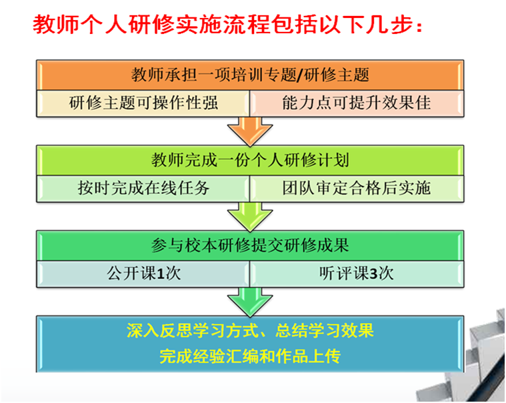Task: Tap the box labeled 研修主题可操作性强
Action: [143, 103]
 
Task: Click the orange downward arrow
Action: [249, 131]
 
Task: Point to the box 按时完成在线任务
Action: [143, 188]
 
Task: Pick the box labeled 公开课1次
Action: [143, 273]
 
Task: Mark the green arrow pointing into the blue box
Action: [249, 301]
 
